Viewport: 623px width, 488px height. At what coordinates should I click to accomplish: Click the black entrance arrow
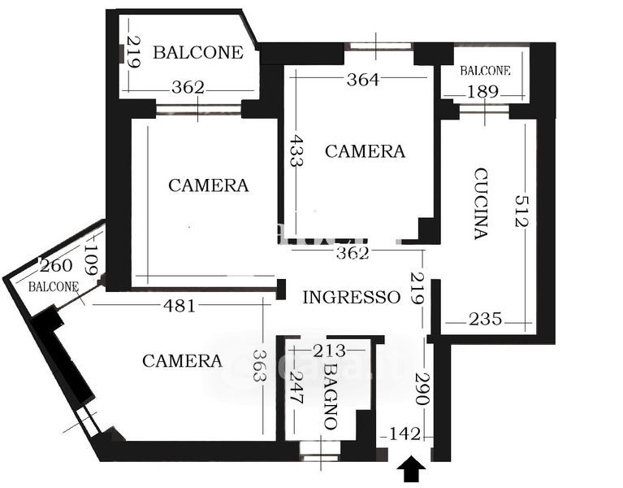click(411, 469)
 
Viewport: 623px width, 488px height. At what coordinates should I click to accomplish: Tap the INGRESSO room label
click(351, 298)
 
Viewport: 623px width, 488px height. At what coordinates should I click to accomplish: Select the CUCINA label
click(481, 203)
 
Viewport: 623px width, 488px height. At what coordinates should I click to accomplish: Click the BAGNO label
click(330, 397)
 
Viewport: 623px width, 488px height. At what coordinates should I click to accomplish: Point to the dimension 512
click(521, 211)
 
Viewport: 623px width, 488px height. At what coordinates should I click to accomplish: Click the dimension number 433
click(296, 150)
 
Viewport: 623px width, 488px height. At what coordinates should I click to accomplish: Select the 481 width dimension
click(180, 306)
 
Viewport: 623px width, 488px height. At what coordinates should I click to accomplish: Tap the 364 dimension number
click(363, 80)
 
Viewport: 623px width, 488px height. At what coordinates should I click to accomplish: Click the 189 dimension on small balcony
click(482, 92)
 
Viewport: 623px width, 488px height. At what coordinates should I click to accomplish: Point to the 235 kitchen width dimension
click(485, 319)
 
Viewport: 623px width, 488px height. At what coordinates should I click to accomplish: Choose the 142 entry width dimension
click(404, 434)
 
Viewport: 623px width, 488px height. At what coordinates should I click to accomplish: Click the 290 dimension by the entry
click(422, 389)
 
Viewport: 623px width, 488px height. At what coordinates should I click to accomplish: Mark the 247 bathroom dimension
click(296, 387)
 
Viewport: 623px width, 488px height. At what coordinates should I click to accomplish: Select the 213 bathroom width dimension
click(330, 351)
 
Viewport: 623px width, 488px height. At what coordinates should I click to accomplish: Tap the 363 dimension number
click(259, 365)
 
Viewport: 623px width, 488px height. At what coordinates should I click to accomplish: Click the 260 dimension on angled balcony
click(56, 266)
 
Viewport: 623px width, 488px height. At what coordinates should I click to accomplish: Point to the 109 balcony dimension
click(91, 259)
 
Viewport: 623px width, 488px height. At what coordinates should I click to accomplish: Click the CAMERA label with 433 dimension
click(366, 151)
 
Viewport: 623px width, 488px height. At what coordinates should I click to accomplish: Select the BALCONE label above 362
click(198, 53)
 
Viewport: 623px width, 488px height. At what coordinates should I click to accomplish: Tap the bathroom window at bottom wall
click(320, 451)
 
